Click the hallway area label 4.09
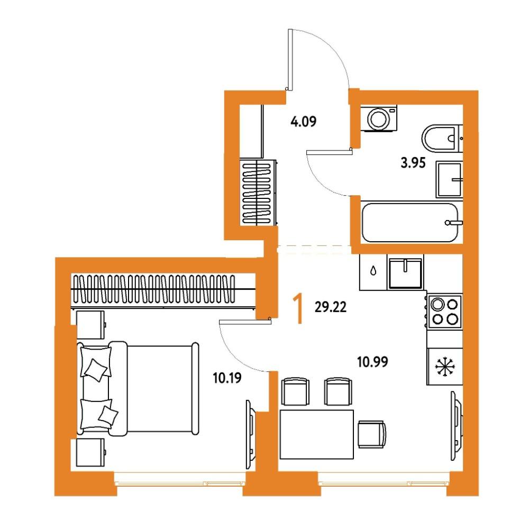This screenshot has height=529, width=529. click(303, 122)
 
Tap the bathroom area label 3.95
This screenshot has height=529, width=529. click(413, 163)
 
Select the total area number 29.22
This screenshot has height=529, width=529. click(330, 307)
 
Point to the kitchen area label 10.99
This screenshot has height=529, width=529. click(372, 362)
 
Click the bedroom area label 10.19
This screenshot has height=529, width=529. click(227, 378)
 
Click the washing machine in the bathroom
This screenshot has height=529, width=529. click(379, 118)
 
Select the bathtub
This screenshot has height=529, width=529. click(410, 222)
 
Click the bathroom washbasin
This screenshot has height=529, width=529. click(449, 179)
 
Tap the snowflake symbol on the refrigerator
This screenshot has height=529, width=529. click(445, 367)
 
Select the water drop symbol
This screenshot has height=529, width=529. click(373, 271)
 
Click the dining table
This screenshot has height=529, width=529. click(317, 434)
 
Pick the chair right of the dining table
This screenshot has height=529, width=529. click(372, 434)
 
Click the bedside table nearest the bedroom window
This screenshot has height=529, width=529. click(91, 453)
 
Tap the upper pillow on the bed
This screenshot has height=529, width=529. click(96, 362)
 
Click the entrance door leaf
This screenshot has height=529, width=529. click(290, 60)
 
